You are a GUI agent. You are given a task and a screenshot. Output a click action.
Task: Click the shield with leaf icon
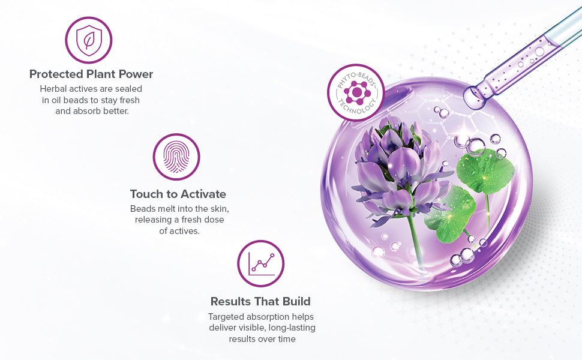click(89, 40)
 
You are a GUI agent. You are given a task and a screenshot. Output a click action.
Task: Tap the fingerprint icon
click(176, 157)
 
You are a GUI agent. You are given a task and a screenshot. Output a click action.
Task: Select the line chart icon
click(261, 263)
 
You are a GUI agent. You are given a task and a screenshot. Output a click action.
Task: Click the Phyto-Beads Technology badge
click(356, 92)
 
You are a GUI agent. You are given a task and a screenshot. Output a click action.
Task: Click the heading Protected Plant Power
click(91, 74)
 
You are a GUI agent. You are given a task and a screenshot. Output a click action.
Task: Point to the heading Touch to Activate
click(178, 194)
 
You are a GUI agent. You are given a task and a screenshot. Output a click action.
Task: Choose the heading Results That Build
click(260, 301)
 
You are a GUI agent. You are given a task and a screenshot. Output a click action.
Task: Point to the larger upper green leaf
click(485, 170)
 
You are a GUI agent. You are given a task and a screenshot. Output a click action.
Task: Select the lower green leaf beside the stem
click(451, 215)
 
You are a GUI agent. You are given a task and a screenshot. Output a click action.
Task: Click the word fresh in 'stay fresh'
click(130, 100)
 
